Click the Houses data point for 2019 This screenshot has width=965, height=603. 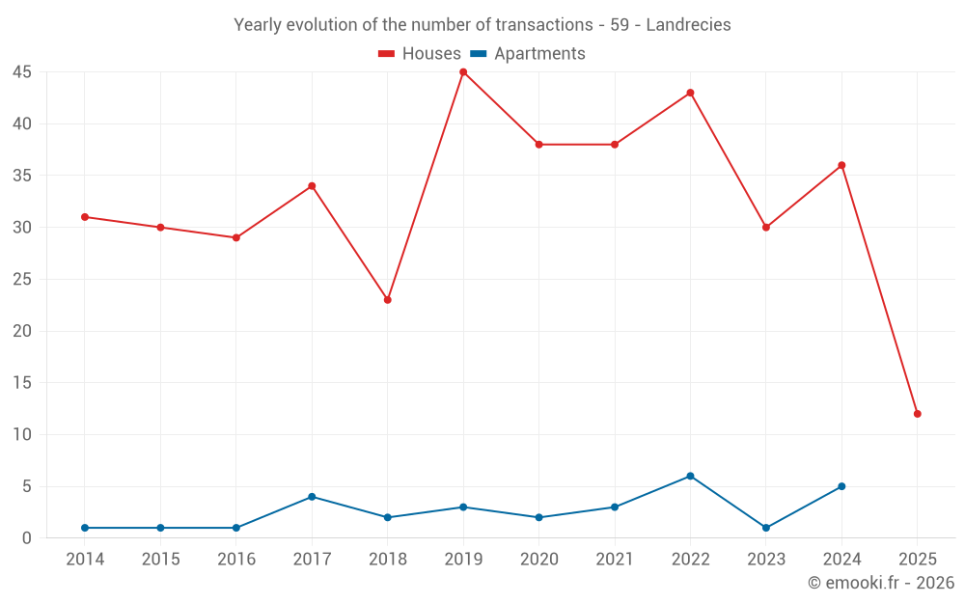463,72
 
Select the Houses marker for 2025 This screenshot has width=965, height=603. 918,414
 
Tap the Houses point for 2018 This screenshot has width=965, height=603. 388,300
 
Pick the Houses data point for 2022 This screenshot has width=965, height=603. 690,93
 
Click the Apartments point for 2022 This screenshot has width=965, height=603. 690,476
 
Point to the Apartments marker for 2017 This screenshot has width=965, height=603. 312,497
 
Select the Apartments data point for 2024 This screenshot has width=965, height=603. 841,486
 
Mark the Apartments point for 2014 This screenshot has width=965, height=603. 85,528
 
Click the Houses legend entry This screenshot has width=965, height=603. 420,54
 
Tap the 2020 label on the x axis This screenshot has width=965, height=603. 539,560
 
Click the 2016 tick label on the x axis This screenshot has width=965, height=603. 236,560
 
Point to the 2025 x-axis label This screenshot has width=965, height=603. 918,560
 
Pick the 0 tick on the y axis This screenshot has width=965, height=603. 27,538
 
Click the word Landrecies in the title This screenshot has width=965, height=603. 688,25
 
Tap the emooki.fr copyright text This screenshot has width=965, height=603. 881,583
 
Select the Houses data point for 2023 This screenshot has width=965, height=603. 766,228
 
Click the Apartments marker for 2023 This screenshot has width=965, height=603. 766,528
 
